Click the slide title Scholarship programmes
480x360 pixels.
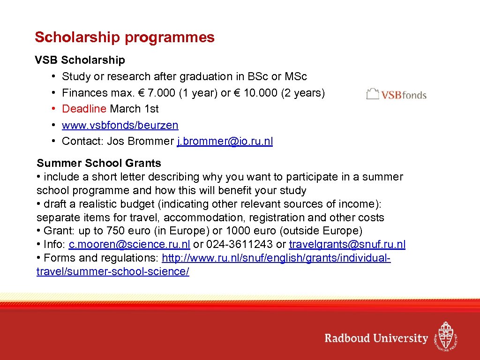pos(124,37)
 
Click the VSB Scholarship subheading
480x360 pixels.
pos(80,60)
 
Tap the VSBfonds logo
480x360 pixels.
pos(396,94)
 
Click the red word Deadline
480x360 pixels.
pos(84,109)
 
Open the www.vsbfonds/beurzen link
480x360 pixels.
pos(120,125)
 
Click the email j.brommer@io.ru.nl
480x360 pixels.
pos(225,142)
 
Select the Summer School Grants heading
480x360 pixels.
pos(98,163)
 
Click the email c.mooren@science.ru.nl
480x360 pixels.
pos(129,244)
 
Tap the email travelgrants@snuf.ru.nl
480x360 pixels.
pos(347,244)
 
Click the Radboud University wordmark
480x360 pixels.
pos(376,338)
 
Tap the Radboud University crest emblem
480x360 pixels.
pos(445,336)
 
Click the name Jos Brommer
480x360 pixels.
pos(140,142)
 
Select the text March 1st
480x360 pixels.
pos(134,109)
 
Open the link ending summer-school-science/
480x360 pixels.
pos(112,272)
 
